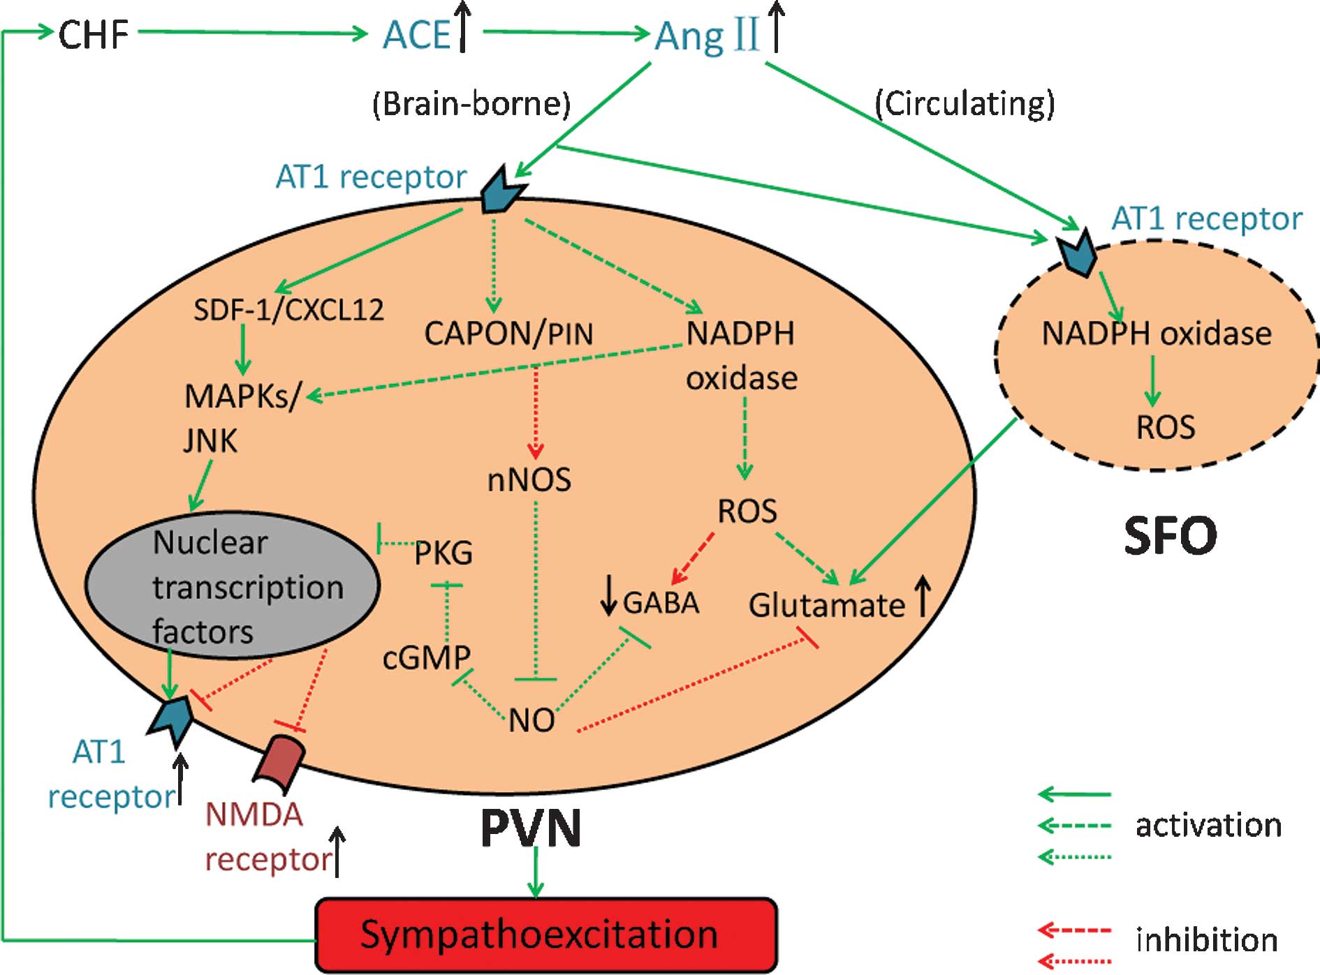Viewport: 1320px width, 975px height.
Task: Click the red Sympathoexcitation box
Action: (545, 935)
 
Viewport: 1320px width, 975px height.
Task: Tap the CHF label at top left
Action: (93, 34)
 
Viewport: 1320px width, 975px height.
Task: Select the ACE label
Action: (417, 35)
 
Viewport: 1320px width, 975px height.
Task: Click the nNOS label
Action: (529, 480)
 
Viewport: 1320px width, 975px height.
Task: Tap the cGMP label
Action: (426, 657)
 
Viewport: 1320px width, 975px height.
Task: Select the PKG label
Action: (443, 553)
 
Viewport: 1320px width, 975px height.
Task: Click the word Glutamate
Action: (826, 605)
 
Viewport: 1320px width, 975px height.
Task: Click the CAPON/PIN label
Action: (508, 334)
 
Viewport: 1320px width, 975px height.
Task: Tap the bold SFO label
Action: (1170, 536)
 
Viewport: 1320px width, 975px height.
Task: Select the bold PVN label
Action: (531, 828)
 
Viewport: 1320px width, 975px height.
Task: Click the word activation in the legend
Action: (1208, 826)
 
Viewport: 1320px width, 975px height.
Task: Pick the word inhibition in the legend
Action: (1207, 939)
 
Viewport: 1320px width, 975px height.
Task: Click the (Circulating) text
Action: (965, 104)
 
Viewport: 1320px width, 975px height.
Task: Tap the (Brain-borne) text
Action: (471, 104)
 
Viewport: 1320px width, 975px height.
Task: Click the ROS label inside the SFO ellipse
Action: (1165, 427)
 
